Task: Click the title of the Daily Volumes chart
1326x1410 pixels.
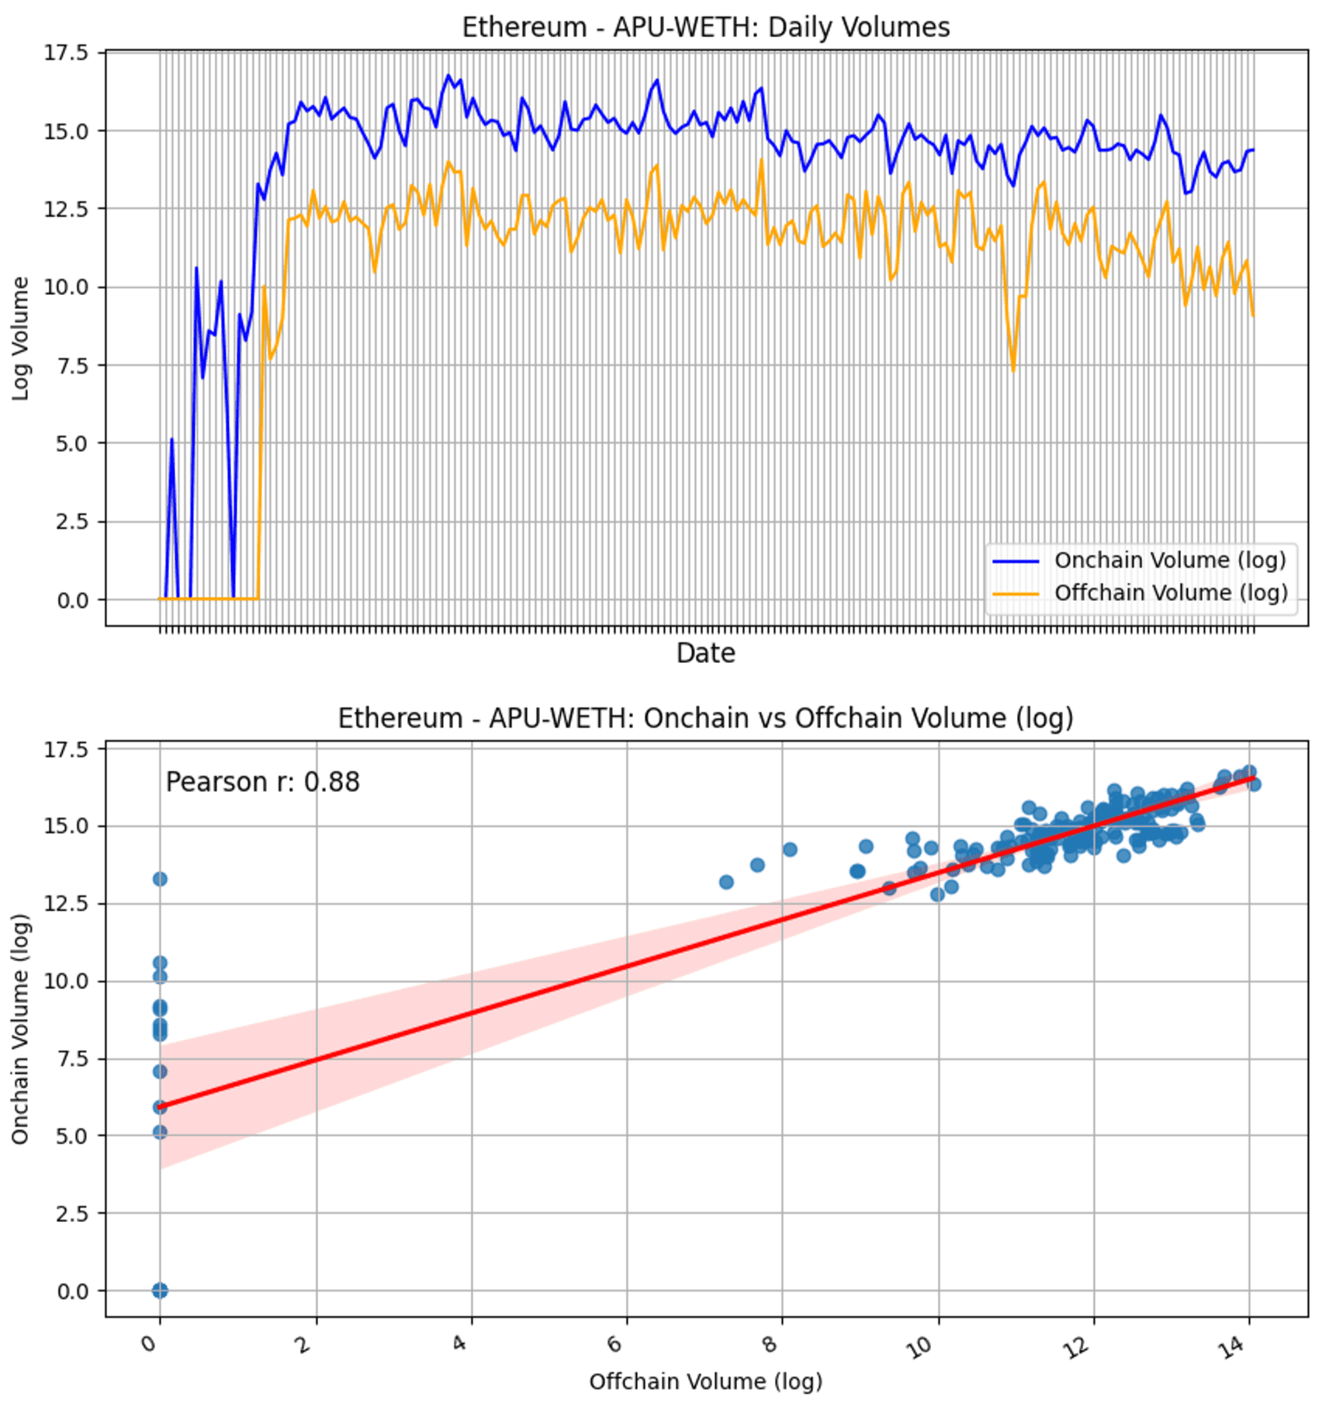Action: [x=705, y=27]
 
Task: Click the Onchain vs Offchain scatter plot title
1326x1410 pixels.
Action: [x=705, y=718]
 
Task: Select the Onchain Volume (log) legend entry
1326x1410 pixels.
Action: [x=1169, y=560]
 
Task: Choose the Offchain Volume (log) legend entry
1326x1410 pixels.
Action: [x=1170, y=593]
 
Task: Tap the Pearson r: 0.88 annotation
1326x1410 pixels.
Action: [x=262, y=782]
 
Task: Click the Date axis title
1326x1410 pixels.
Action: [x=705, y=653]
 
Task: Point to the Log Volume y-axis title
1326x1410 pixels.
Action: [x=21, y=339]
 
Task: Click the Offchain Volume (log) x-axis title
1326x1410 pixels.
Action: [x=705, y=1381]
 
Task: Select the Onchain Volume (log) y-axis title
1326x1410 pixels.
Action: [x=21, y=1029]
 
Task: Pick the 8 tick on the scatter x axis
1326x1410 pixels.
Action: [x=770, y=1344]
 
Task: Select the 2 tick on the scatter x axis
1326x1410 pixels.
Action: [x=304, y=1344]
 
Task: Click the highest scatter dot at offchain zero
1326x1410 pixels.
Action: [x=160, y=879]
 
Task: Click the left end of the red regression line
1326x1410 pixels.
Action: [x=161, y=1106]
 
